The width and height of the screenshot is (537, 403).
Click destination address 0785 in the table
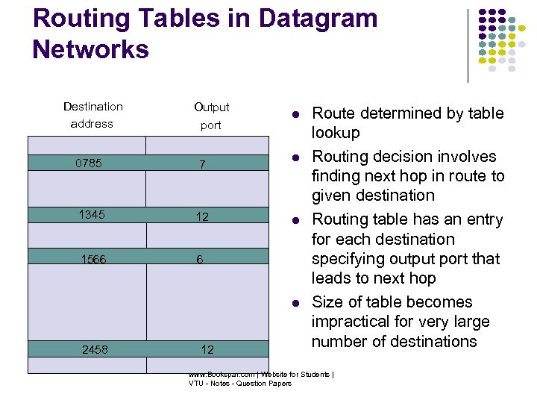coord(89,163)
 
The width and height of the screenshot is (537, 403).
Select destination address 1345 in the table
coord(92,216)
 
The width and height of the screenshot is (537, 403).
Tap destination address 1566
coord(94,259)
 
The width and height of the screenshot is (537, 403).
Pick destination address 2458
coord(94,349)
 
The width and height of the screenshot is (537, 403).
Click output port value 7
coord(201,163)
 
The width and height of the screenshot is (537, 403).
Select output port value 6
coord(200,259)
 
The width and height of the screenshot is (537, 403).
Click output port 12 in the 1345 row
coord(201,216)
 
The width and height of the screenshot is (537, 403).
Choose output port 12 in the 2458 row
coord(207,349)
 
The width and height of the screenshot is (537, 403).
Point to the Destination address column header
coord(92,115)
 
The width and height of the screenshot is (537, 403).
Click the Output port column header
coord(211,116)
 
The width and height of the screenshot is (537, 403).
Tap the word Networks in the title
coord(91,49)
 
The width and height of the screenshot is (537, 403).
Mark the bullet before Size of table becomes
coord(295,303)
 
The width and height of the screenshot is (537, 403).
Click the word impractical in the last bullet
coord(349,322)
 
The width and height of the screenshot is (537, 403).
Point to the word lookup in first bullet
coord(336,133)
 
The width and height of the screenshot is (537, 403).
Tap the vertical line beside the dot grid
coord(468,45)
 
